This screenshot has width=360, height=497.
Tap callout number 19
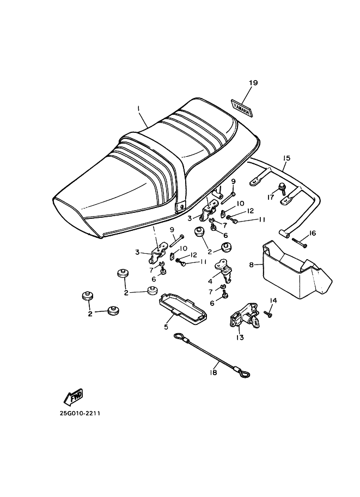pos(253,83)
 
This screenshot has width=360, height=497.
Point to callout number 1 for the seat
pos(138,108)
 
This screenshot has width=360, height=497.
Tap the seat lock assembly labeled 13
pos(244,318)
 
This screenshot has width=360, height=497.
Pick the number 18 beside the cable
pos(213,373)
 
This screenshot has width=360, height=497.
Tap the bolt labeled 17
pos(282,188)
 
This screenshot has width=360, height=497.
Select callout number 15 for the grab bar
pos(286,158)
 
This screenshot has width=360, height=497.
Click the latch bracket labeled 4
pos(224,270)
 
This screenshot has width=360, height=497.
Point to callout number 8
pos(251,265)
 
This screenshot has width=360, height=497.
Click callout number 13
pos(240,338)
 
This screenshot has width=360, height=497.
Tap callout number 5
pos(166,327)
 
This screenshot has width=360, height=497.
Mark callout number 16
pos(313,234)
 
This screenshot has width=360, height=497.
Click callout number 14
pos(273,300)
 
